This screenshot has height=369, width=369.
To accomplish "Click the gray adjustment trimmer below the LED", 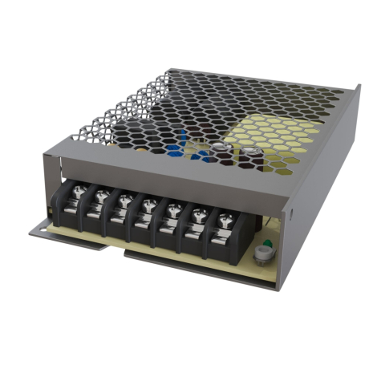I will (261, 256).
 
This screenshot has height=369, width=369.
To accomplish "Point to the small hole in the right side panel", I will (292, 214).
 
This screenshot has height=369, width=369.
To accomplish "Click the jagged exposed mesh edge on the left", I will (112, 112).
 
